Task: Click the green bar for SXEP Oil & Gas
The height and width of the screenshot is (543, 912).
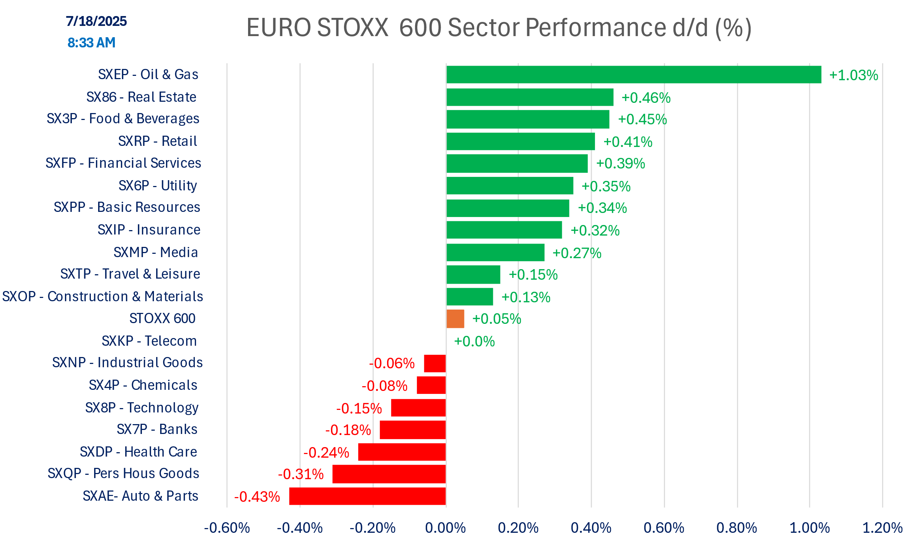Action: [634, 75]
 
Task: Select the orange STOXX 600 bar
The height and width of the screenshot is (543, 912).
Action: [455, 319]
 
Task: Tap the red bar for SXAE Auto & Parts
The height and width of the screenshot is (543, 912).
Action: [367, 496]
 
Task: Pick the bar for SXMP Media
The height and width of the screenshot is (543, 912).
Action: [495, 252]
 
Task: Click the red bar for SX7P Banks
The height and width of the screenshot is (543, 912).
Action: [413, 430]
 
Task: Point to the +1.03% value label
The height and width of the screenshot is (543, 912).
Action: [853, 75]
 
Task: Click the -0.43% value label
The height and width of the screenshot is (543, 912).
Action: [257, 497]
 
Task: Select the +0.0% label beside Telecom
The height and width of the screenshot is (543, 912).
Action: [474, 341]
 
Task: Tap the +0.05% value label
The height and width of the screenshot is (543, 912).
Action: [496, 319]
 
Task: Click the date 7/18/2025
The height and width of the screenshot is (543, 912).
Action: [96, 21]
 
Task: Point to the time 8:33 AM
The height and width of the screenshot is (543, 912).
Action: [92, 43]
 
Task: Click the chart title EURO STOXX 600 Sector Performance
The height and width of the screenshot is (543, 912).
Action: [499, 27]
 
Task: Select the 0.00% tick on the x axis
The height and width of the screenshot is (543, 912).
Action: [445, 528]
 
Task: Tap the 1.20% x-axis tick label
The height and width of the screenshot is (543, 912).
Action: [882, 528]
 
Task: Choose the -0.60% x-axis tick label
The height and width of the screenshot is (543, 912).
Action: [227, 528]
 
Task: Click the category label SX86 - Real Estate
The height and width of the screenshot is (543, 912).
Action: [141, 97]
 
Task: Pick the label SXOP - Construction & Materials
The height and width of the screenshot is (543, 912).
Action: [103, 296]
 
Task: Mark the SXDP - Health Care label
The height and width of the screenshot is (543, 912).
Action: [138, 452]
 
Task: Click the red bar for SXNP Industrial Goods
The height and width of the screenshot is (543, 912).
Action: [435, 363]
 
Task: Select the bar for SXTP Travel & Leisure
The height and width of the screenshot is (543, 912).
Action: [473, 275]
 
